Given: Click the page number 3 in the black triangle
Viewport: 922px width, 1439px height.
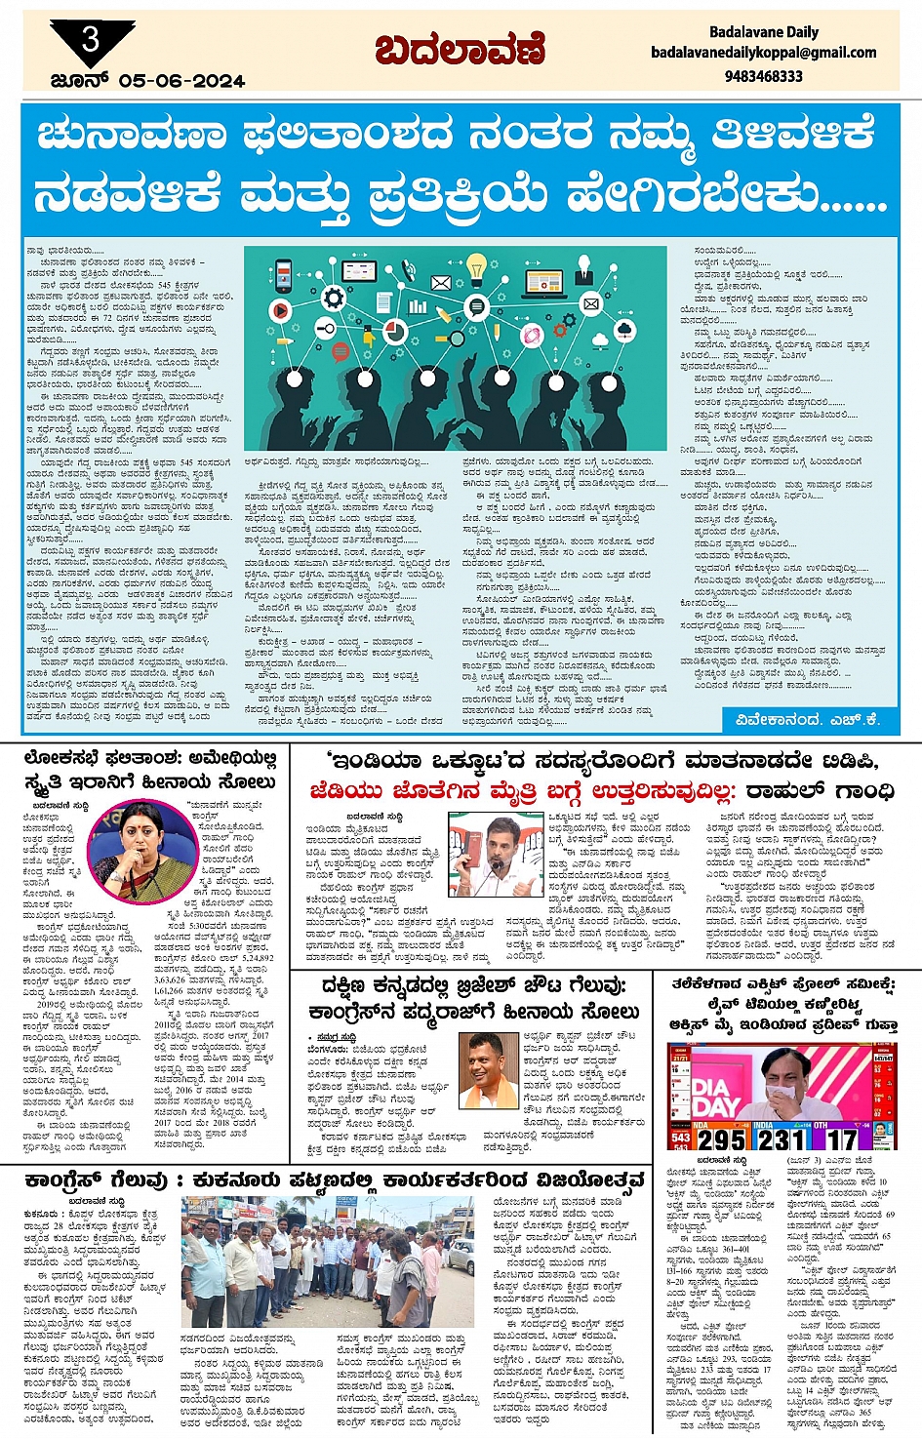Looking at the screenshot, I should click(91, 39).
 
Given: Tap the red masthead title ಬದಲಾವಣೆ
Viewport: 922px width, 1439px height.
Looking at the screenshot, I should click(460, 50).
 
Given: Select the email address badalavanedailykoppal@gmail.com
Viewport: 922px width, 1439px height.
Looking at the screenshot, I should click(763, 53).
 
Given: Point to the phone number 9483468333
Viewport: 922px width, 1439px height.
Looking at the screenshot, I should click(764, 75).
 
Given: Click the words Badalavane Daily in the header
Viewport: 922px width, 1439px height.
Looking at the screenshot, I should click(763, 32).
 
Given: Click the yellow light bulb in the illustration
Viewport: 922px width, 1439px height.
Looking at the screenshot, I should click(477, 265).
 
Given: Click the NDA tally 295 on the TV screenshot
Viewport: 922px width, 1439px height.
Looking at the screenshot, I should click(721, 1139).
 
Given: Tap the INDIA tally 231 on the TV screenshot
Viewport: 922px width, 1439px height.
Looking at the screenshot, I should click(782, 1139).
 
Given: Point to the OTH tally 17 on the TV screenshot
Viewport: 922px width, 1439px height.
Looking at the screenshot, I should click(841, 1139).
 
